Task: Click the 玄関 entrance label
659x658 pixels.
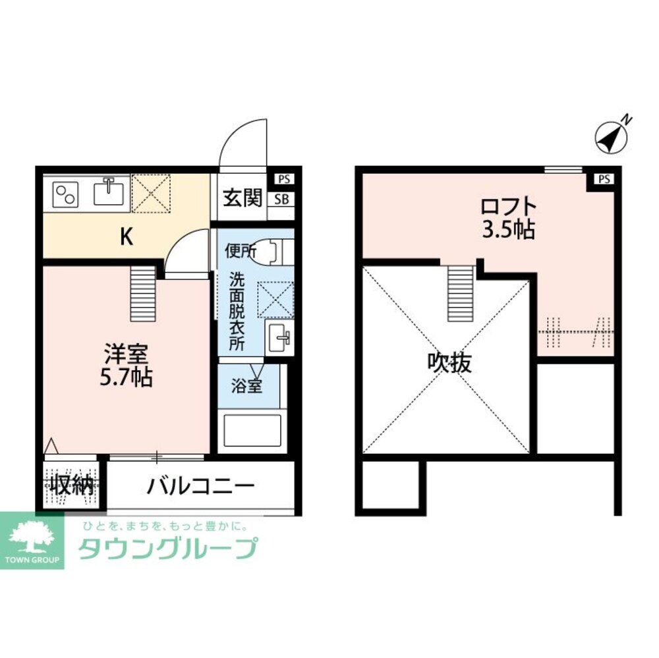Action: (243, 198)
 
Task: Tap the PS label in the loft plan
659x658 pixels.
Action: (604, 179)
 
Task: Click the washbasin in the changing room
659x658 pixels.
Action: (279, 339)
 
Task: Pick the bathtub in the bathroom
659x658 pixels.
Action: (252, 430)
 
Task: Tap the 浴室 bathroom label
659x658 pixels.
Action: (246, 385)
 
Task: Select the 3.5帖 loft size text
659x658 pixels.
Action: (507, 231)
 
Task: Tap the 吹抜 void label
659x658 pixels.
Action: (450, 363)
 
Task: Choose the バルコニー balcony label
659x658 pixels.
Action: (201, 487)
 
